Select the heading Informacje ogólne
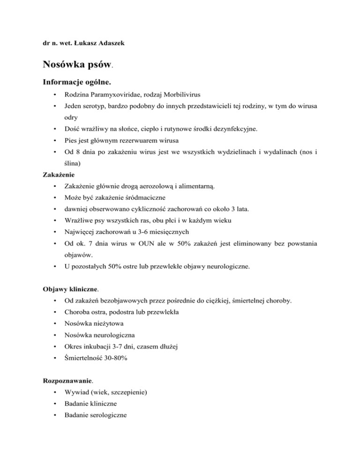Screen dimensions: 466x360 coord(77,83)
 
